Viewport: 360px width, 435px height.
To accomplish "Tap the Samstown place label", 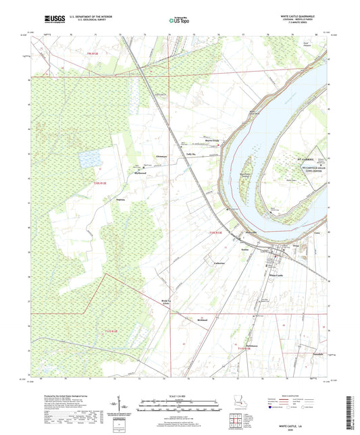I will coord(252,346).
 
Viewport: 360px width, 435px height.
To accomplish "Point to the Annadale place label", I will coord(305,354).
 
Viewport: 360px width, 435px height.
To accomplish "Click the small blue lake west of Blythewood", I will coord(88,159).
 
